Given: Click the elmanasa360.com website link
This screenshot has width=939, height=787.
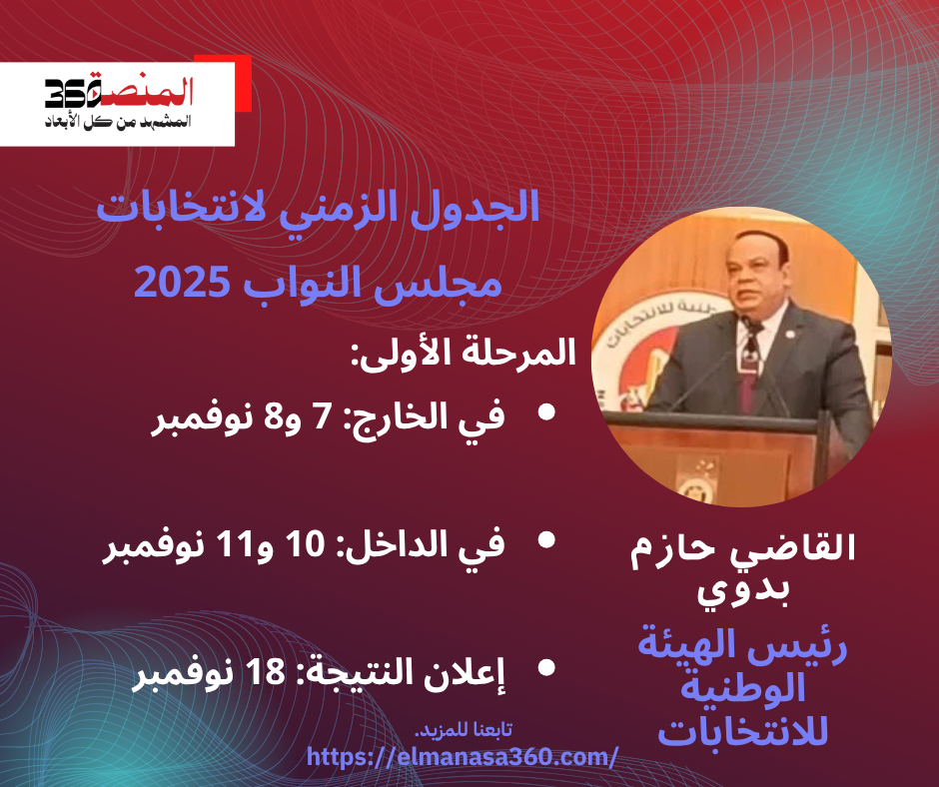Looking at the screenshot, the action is point(462,757).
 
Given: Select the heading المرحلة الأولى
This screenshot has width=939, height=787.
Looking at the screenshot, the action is point(463,353).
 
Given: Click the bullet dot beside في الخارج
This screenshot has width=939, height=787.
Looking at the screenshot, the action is point(546,412).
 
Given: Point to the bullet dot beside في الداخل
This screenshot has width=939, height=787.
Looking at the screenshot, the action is point(546,540).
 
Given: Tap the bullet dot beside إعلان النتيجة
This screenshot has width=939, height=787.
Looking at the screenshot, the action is point(546,668).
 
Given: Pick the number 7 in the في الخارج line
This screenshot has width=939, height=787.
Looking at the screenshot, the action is point(322,416).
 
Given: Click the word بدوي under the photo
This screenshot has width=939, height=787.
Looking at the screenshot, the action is point(742,590).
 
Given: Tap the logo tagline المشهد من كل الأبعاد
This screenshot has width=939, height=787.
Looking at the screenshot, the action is point(118,122).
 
